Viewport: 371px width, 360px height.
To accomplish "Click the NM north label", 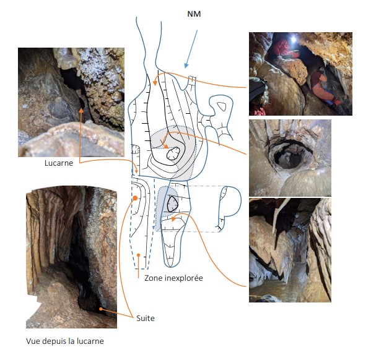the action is click(194, 14).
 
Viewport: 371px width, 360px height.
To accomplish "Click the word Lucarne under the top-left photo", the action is click(59, 163).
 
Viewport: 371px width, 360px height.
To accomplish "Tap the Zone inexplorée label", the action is click(173, 278).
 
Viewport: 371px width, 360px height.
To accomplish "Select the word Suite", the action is click(146, 318).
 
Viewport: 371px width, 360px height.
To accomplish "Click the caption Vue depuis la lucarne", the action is click(65, 341).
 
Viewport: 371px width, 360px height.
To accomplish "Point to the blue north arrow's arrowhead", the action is click(186, 65).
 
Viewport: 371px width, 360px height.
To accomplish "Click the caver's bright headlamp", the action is click(294, 39).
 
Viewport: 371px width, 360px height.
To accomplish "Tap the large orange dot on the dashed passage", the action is click(135, 198).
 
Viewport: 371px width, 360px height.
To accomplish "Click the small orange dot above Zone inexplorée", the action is click(138, 255).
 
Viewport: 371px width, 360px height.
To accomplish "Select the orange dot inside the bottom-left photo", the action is click(101, 309).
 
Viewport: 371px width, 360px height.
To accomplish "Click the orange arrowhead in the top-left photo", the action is click(81, 110).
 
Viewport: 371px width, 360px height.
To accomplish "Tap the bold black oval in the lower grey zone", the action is click(172, 204).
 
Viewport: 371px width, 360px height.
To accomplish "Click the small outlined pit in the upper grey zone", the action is click(173, 153).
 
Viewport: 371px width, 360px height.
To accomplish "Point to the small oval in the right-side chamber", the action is click(222, 106).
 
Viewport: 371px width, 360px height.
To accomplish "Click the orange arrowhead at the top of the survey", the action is click(155, 83).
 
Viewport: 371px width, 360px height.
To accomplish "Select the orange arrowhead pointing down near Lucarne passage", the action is click(136, 171).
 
